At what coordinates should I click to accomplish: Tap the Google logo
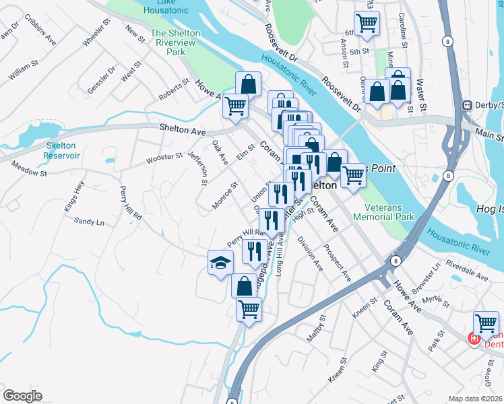22,396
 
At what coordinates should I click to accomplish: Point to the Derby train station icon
466,106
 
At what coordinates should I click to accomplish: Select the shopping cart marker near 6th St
367,23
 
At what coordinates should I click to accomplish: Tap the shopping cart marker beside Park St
486,323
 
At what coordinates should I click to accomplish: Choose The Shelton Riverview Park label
175,42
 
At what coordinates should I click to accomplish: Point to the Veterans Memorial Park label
389,213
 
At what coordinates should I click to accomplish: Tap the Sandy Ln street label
89,221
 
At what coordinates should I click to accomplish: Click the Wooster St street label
164,159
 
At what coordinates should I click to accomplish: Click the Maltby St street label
317,328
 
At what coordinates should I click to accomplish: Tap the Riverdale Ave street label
472,275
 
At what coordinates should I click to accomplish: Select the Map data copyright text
476,398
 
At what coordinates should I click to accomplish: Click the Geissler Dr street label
101,79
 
